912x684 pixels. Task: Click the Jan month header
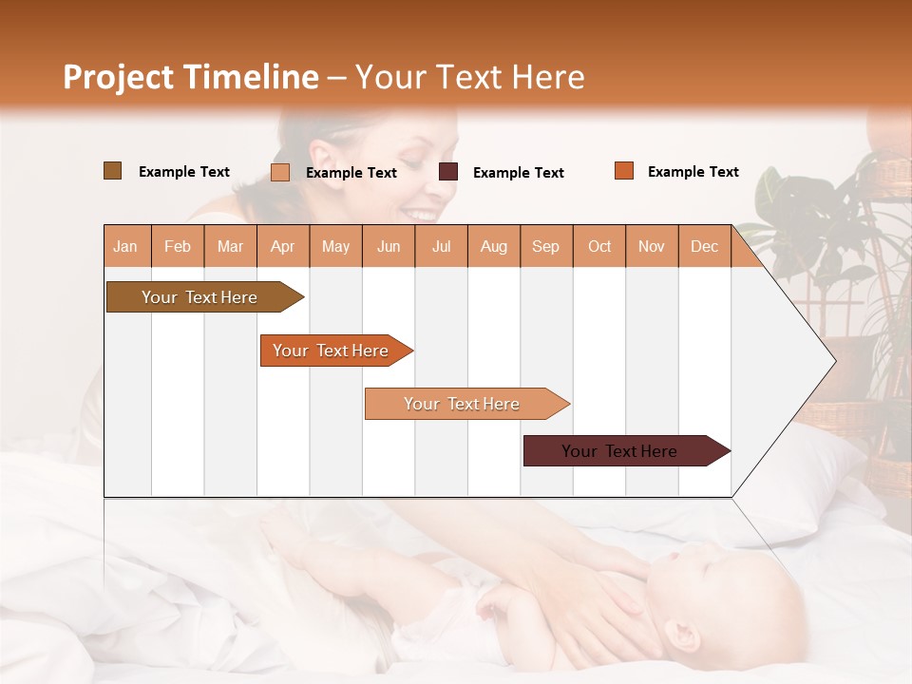126,246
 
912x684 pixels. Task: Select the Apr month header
283,246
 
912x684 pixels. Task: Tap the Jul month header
441,246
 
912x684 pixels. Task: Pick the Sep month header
545,246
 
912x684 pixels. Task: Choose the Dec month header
704,246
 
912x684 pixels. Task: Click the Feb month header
178,246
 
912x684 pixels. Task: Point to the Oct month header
599,246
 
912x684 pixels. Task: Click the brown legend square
112,171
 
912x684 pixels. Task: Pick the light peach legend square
280,172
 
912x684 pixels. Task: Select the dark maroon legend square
448,172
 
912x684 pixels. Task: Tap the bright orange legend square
624,171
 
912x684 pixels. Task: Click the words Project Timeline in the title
191,77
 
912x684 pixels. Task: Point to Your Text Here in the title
470,77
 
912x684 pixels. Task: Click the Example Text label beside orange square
693,172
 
